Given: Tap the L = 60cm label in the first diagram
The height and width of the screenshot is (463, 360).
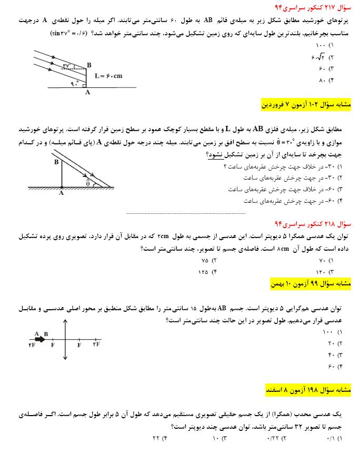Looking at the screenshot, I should [x=108, y=76].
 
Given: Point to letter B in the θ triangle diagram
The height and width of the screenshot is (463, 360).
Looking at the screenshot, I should [x=56, y=162].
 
